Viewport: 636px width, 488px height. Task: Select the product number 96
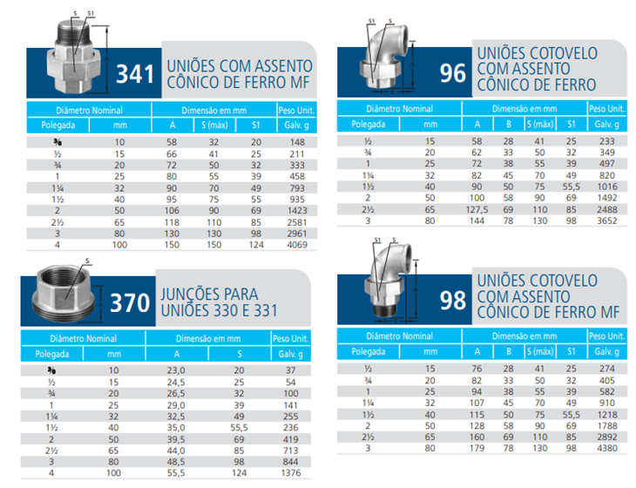(x=453, y=73)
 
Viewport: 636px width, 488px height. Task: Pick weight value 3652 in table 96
(x=606, y=220)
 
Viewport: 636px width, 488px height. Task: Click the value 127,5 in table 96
(x=477, y=209)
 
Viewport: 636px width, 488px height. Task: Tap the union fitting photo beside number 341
(x=74, y=57)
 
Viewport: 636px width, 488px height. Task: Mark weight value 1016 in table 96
(x=606, y=186)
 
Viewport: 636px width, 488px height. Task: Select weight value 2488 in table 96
(x=606, y=209)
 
